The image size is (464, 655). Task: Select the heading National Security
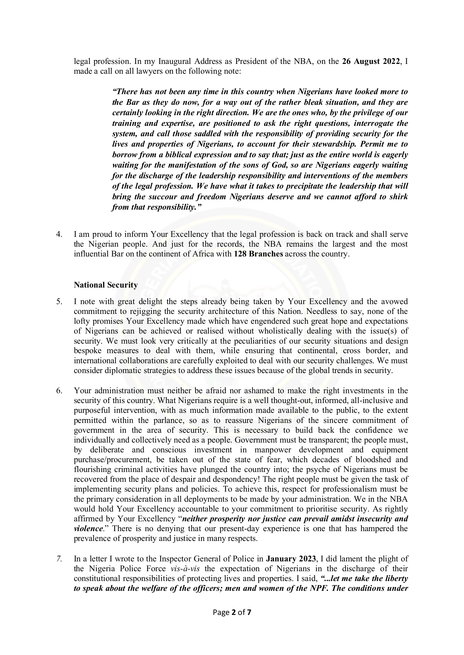(106, 285)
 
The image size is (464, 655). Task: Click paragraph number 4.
(59, 234)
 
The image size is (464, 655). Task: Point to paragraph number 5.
(59, 302)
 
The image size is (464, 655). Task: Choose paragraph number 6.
(59, 390)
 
